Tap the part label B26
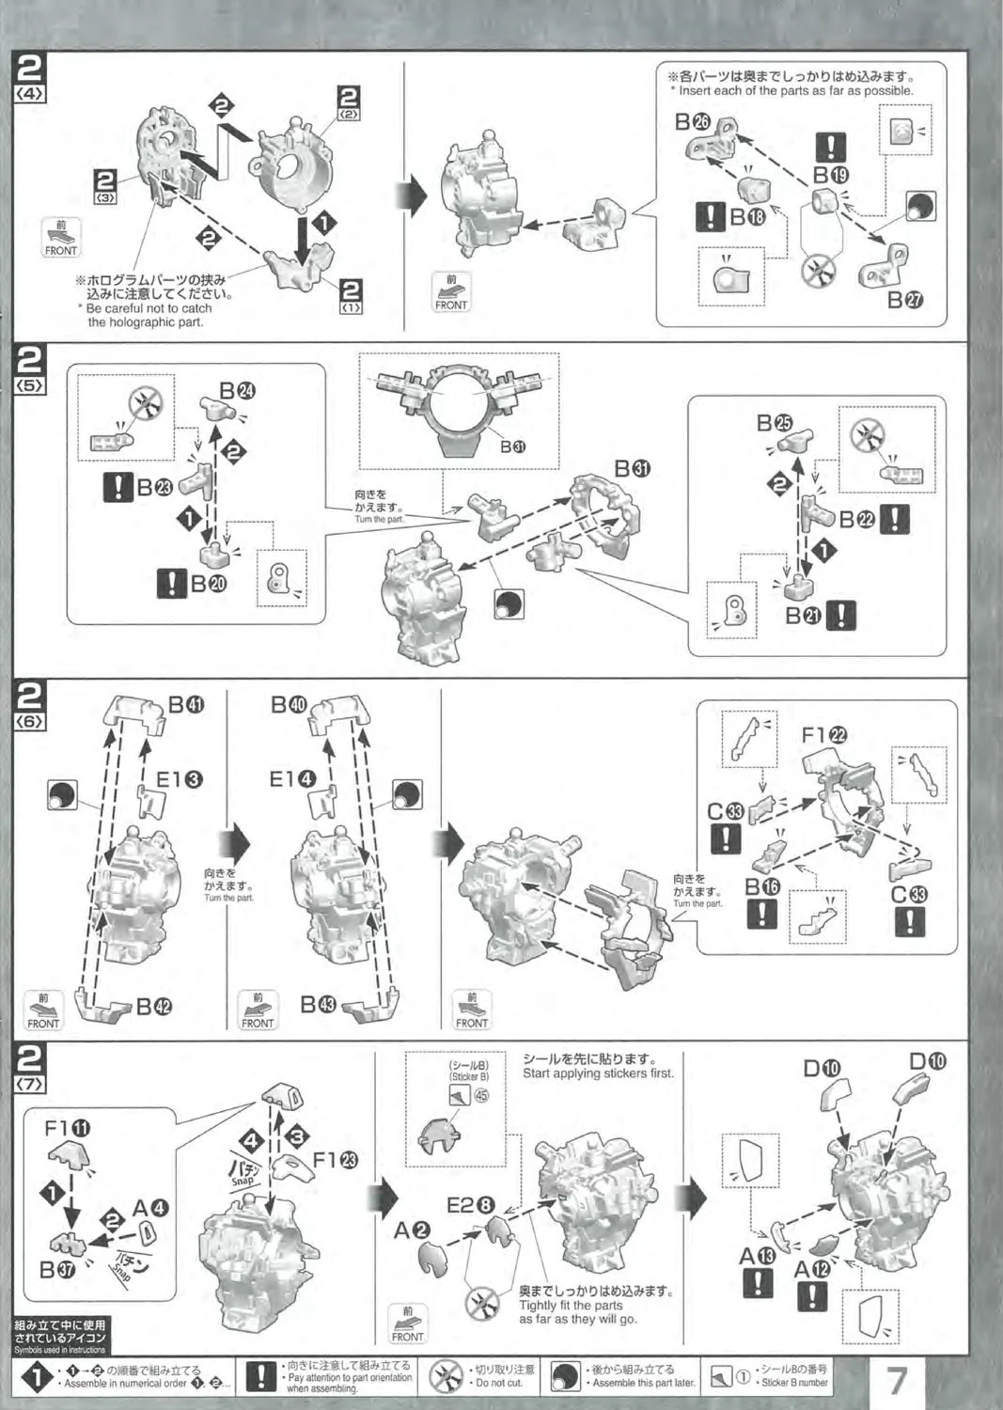click(x=694, y=122)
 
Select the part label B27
click(x=905, y=300)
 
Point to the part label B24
click(x=237, y=391)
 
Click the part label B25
click(x=776, y=423)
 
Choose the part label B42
click(x=155, y=1007)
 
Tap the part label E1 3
click(x=179, y=778)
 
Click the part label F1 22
click(x=824, y=735)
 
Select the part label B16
click(x=762, y=886)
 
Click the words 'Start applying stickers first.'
click(x=598, y=1073)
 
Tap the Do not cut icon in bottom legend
click(x=446, y=1377)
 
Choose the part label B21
click(x=805, y=616)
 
